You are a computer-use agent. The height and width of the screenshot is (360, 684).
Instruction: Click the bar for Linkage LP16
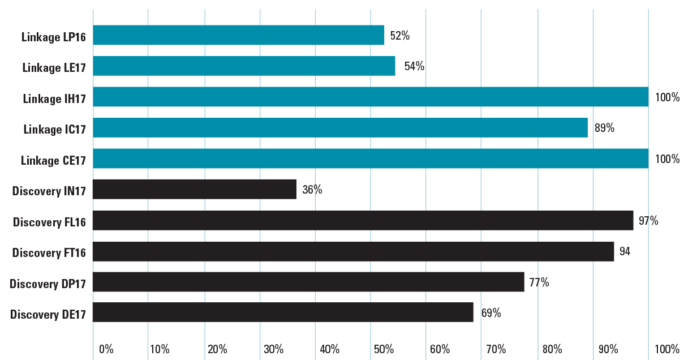(x=239, y=35)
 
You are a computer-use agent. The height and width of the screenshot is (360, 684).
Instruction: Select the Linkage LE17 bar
(x=244, y=66)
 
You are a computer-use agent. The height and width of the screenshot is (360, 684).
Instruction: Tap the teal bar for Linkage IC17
(x=340, y=128)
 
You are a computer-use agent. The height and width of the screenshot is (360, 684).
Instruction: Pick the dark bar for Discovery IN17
(x=195, y=190)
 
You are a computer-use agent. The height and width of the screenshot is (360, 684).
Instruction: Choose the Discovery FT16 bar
(x=353, y=251)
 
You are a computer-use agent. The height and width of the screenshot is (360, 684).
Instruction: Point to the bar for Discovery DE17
(x=283, y=312)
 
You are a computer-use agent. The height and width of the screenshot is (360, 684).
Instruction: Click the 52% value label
(x=399, y=36)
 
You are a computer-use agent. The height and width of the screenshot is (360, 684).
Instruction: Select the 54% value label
(x=414, y=66)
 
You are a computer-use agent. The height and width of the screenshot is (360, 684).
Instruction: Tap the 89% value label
(x=604, y=128)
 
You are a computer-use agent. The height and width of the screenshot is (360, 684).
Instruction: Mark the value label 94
(x=625, y=251)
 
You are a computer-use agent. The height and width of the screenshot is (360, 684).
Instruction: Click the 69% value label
(x=491, y=312)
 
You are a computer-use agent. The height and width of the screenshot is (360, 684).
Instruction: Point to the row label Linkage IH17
(x=54, y=98)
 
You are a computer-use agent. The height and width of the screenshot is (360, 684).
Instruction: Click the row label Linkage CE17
(x=53, y=160)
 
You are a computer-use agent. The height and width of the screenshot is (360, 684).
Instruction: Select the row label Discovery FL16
(x=49, y=222)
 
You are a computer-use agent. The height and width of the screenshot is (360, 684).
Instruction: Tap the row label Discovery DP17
(x=48, y=283)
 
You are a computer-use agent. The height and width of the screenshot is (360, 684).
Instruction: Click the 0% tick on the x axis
(x=106, y=349)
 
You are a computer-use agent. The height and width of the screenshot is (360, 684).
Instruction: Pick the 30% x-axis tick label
(x=273, y=349)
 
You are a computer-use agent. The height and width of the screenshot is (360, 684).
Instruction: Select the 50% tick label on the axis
(x=384, y=349)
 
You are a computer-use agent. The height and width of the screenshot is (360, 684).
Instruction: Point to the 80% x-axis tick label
(x=552, y=349)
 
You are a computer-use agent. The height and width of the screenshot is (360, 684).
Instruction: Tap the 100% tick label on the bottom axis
(x=666, y=349)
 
